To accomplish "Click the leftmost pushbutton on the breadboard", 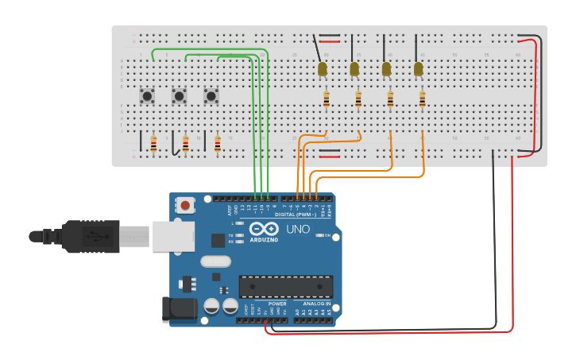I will pos(148,96).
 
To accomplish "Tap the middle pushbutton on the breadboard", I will pos(180,96).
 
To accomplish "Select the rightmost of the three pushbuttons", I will pos(211,96).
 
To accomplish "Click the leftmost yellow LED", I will pos(323,70).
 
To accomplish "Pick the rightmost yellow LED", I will pos(419,70).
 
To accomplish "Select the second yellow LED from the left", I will pos(354,70).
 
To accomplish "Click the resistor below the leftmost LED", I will pos(327,99).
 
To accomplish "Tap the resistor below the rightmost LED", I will pos(422,99).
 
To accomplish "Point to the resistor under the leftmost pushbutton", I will pos(153,144).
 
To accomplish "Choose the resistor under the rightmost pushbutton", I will pos(217,144).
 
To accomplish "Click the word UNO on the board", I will pos(298,229).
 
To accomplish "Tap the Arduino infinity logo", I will pos(263,229).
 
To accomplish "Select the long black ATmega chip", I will pos(286,286).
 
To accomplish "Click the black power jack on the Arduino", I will pos(179,310).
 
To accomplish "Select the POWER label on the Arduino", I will pos(277,304).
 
